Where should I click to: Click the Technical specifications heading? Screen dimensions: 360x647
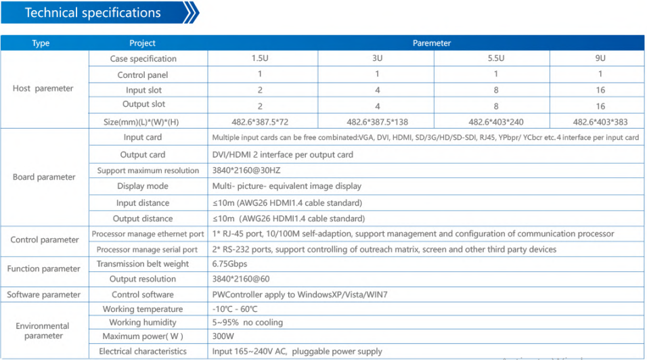point(93,13)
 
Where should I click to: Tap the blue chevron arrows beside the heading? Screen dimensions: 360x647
point(191,13)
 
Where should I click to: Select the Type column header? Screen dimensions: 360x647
point(41,43)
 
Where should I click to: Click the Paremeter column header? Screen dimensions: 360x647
point(432,43)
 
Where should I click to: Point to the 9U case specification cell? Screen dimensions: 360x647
point(600,59)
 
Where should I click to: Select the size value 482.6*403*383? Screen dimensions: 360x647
point(600,122)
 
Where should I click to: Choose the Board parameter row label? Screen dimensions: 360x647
point(45,177)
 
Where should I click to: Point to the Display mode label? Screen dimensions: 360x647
point(143,186)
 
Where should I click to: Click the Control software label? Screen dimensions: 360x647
point(143,294)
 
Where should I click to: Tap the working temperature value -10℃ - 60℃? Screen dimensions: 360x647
point(235,309)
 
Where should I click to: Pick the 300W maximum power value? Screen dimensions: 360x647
point(223,336)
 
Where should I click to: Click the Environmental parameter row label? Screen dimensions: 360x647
point(43,331)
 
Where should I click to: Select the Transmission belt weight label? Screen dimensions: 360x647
point(143,264)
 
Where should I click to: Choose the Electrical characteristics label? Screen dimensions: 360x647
point(143,351)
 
